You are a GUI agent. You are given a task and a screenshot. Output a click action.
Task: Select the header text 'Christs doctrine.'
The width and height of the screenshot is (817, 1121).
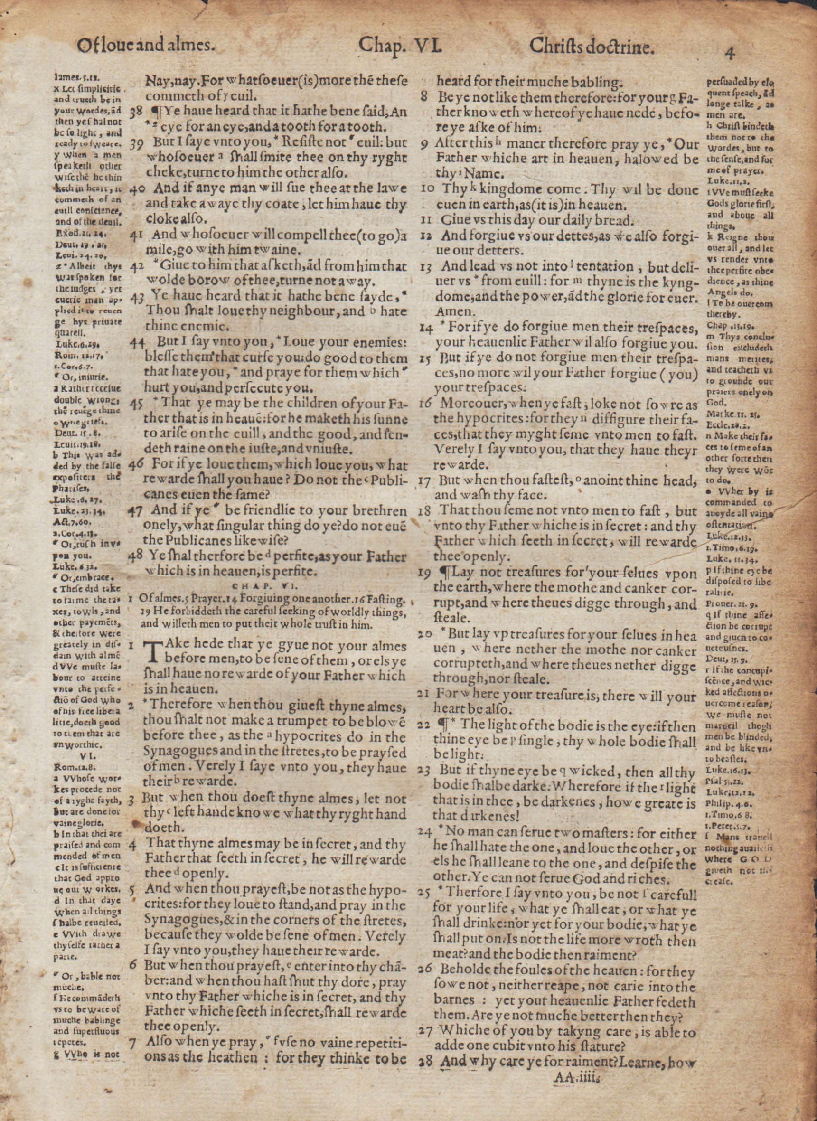(x=592, y=47)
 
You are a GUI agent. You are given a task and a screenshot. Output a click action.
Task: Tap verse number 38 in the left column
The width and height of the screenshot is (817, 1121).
(x=135, y=113)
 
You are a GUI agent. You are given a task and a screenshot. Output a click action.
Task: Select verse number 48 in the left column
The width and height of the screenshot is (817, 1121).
(x=135, y=556)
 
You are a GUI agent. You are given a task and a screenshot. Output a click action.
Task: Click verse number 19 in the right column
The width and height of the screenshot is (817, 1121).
(x=424, y=574)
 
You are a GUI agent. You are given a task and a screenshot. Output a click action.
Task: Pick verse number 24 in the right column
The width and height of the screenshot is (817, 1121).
(x=424, y=832)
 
